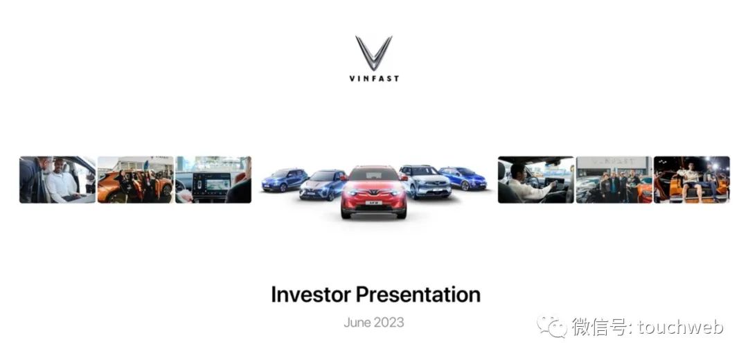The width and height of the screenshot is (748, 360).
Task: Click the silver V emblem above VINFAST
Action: (373, 53)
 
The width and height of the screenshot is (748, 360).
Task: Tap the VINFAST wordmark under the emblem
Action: (374, 79)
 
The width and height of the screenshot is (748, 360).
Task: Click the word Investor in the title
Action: (311, 294)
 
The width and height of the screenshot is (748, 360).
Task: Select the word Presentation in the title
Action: (418, 294)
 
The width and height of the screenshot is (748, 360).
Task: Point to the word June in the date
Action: (357, 323)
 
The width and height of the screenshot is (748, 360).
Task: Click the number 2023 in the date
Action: (389, 323)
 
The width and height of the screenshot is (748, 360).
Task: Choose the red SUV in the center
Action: (373, 192)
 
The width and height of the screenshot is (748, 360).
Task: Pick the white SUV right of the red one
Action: (425, 181)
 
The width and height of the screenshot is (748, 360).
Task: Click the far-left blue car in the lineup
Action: (285, 180)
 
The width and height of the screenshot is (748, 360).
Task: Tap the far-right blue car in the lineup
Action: (462, 179)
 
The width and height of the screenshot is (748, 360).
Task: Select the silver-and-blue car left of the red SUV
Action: (323, 185)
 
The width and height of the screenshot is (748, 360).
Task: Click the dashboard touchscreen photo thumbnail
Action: (213, 180)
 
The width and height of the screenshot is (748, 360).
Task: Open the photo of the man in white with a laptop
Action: (57, 180)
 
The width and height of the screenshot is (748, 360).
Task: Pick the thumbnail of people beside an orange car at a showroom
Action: (136, 180)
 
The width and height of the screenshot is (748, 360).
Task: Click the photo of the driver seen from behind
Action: (535, 180)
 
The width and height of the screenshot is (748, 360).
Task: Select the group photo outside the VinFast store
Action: (614, 180)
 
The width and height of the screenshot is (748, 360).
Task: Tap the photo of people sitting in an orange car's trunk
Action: (692, 180)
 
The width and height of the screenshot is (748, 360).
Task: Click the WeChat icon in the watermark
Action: (553, 326)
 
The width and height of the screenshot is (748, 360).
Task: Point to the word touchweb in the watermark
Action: (681, 327)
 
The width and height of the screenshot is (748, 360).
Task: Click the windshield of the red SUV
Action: (374, 175)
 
